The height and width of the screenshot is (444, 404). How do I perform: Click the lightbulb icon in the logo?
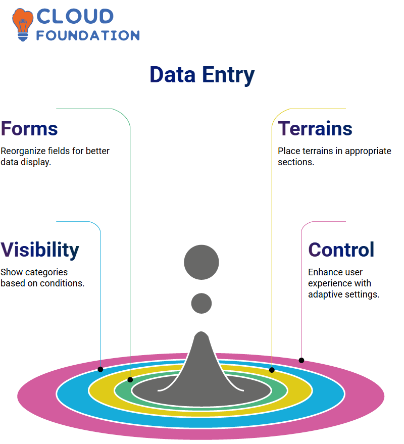(23, 25)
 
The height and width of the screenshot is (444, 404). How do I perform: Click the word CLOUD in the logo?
(75, 16)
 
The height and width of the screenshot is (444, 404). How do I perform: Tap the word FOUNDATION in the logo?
(88, 35)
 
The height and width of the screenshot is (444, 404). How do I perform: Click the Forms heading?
(29, 129)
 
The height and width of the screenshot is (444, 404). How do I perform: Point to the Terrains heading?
(315, 129)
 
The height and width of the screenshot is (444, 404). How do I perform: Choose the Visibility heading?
(40, 250)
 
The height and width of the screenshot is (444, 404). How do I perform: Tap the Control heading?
(341, 250)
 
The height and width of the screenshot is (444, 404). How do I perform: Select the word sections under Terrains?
(296, 162)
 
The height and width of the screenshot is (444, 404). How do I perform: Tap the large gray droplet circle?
(201, 262)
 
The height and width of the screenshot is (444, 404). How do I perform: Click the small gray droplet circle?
(201, 303)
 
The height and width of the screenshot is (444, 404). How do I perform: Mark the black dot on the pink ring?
(301, 361)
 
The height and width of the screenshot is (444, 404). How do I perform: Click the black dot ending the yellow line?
(272, 370)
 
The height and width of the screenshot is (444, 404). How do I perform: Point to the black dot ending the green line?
(130, 380)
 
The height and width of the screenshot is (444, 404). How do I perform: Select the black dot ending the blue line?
(100, 369)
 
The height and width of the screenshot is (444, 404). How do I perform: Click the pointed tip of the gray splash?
(201, 332)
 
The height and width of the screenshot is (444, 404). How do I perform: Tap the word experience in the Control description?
(339, 283)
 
